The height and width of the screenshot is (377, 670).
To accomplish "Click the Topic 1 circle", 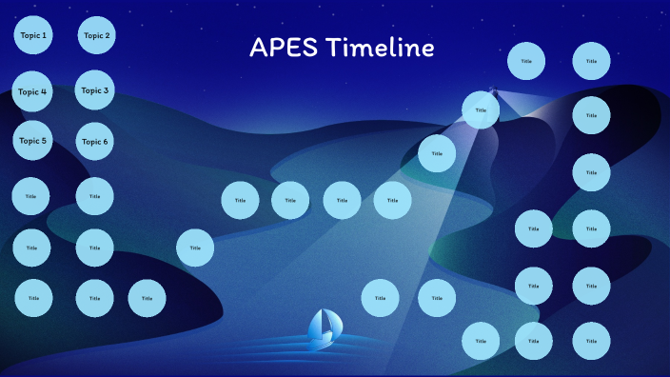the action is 32,36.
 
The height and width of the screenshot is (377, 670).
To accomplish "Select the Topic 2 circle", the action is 96,36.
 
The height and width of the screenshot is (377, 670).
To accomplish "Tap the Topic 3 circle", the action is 94,90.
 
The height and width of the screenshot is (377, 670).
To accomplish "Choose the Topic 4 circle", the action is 31,92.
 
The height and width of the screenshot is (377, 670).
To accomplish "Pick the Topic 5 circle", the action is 32,141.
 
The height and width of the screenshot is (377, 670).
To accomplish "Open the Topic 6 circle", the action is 94,142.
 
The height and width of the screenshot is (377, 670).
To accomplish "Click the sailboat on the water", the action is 323,326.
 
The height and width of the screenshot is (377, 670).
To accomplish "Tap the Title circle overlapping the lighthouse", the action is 481,110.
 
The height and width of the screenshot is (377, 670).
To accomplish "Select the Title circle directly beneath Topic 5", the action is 30,196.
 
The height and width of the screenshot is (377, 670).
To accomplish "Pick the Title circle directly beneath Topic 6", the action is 94,196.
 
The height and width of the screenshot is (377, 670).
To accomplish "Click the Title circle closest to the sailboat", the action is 380,298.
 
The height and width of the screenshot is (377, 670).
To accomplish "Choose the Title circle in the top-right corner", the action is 591,61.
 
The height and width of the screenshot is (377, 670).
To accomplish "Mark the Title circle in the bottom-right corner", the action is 591,340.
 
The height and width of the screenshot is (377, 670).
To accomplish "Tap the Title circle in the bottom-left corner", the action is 33,298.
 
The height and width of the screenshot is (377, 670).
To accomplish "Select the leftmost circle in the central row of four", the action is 240,201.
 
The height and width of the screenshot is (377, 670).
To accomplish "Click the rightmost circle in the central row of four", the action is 392,201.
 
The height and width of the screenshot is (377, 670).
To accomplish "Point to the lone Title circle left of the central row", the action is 195,248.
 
